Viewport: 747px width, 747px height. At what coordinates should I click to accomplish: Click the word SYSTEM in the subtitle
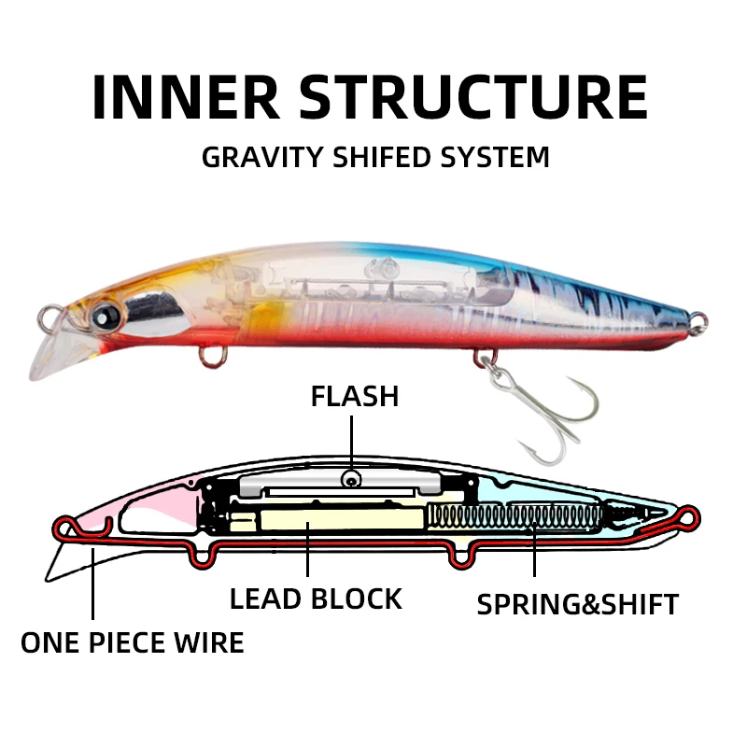tap(497, 156)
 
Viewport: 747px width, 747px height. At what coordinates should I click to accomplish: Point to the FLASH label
tap(355, 396)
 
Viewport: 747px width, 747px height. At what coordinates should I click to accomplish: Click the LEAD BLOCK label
tap(316, 599)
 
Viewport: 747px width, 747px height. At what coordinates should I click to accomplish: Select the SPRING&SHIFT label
tap(577, 604)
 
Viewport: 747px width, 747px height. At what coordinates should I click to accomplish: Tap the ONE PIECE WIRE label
tap(133, 642)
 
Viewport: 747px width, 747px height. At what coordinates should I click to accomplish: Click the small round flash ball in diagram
tap(351, 479)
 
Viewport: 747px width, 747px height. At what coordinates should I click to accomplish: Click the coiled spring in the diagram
tap(523, 516)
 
